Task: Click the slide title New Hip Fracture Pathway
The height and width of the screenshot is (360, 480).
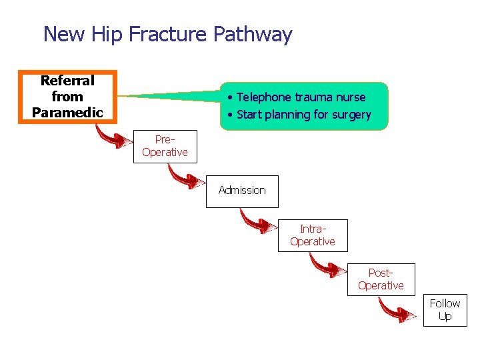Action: click(167, 34)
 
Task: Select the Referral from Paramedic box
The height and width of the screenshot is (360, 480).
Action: click(67, 97)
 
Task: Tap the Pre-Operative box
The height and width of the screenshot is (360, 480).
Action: click(165, 146)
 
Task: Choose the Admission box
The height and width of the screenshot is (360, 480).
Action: click(241, 191)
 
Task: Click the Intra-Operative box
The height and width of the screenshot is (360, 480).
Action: click(312, 235)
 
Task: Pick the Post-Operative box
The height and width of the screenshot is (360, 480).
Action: click(381, 279)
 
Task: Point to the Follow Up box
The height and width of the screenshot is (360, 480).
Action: click(445, 310)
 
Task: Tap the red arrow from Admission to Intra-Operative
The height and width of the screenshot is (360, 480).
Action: click(257, 222)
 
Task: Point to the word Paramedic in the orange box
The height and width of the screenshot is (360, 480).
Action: click(67, 112)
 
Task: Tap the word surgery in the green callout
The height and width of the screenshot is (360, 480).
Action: click(351, 115)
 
